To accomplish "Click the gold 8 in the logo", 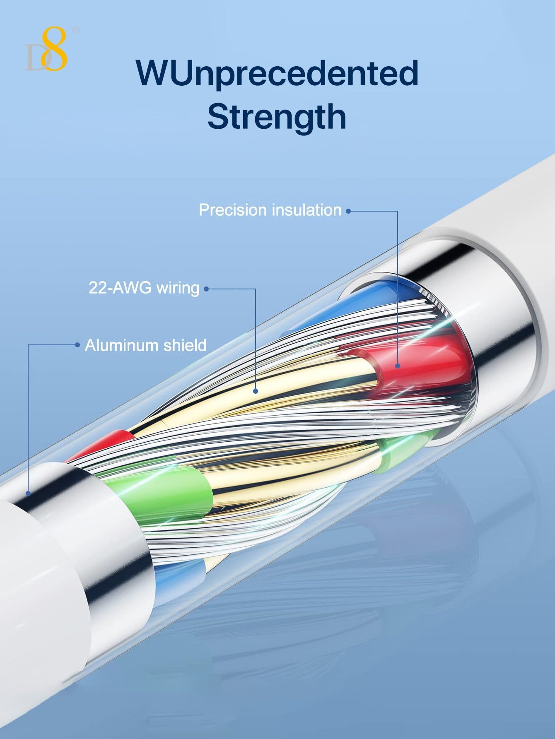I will click(55, 49).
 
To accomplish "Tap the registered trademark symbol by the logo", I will click(76, 30).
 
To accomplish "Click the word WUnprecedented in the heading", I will click(277, 74).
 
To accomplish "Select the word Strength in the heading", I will click(277, 118).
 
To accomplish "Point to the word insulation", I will click(306, 210).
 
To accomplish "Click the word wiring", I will click(178, 288).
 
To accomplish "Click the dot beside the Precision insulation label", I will click(348, 211).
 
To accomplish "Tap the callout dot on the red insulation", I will click(398, 366).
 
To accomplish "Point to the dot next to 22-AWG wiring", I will click(206, 289).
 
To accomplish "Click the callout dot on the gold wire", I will click(256, 391).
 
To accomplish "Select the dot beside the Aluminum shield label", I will click(77, 345).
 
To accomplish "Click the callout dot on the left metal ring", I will click(28, 493).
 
